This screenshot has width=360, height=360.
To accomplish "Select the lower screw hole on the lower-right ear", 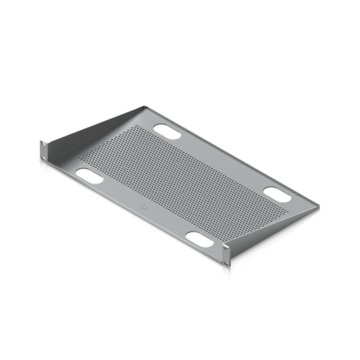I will (226, 266).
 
